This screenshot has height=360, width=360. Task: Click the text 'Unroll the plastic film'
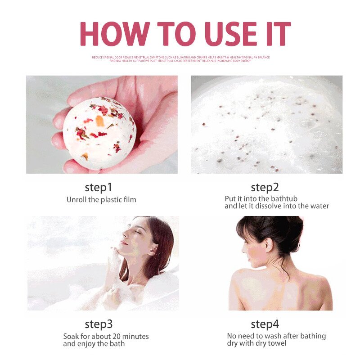[x=101, y=199]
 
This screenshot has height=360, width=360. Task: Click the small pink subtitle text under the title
[x=180, y=59]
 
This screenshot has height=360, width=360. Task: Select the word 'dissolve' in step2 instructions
[x=269, y=206]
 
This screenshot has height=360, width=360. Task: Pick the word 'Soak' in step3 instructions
[x=71, y=337]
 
